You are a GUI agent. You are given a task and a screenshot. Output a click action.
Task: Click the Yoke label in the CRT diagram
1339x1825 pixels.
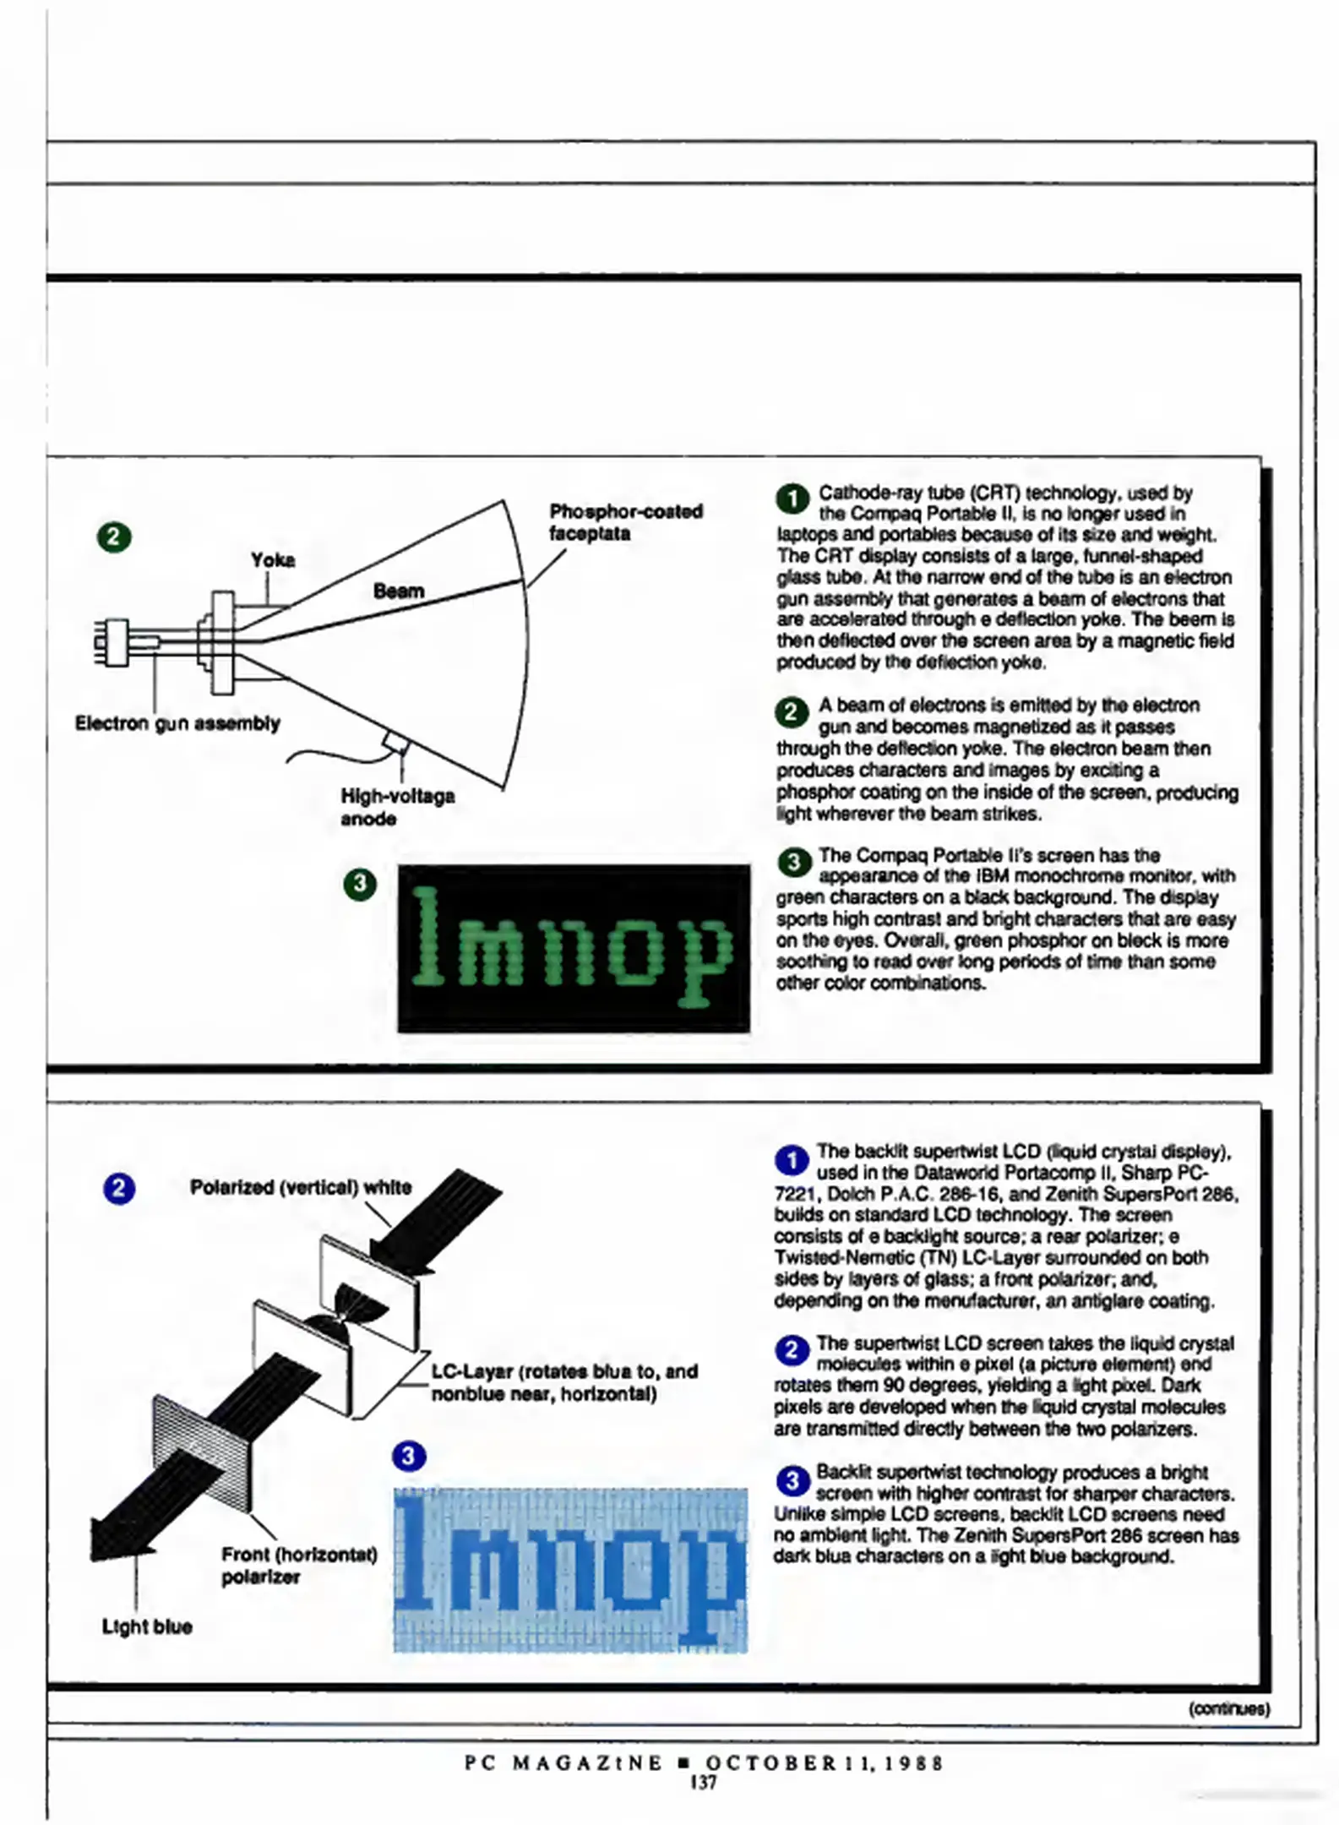point(272,560)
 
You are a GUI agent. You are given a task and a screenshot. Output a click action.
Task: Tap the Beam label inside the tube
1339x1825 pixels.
point(398,591)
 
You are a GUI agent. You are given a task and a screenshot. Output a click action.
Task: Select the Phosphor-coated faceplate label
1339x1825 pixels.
point(625,522)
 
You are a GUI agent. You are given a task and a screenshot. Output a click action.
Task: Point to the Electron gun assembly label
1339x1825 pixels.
point(177,723)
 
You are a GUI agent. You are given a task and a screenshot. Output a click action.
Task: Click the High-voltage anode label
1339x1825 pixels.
point(397,807)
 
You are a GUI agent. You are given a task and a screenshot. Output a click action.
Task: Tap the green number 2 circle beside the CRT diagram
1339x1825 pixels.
point(114,537)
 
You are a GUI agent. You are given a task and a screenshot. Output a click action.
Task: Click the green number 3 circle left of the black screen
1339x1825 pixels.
point(360,884)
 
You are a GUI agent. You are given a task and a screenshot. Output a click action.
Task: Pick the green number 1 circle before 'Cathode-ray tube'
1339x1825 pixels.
point(792,498)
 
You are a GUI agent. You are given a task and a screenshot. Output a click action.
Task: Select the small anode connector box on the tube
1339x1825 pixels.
point(395,743)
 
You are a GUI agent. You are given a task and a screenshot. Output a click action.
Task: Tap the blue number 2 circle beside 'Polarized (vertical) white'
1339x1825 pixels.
point(119,1189)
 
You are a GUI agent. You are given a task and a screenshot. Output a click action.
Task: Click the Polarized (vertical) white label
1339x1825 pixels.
point(300,1187)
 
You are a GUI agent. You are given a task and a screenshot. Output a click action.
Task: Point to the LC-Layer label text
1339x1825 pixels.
point(563,1381)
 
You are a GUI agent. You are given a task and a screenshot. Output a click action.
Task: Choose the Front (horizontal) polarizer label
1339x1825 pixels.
point(298,1565)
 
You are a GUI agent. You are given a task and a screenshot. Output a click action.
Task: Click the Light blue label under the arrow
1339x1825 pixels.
point(147,1626)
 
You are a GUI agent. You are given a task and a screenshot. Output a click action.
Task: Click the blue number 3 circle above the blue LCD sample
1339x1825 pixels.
point(409,1456)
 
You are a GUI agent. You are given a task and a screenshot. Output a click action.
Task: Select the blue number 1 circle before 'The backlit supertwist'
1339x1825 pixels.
point(792,1161)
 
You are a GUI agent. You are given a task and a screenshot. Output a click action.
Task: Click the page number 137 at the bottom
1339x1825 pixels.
point(703,1782)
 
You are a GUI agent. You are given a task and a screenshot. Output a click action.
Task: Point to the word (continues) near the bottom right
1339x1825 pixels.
point(1228,1708)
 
